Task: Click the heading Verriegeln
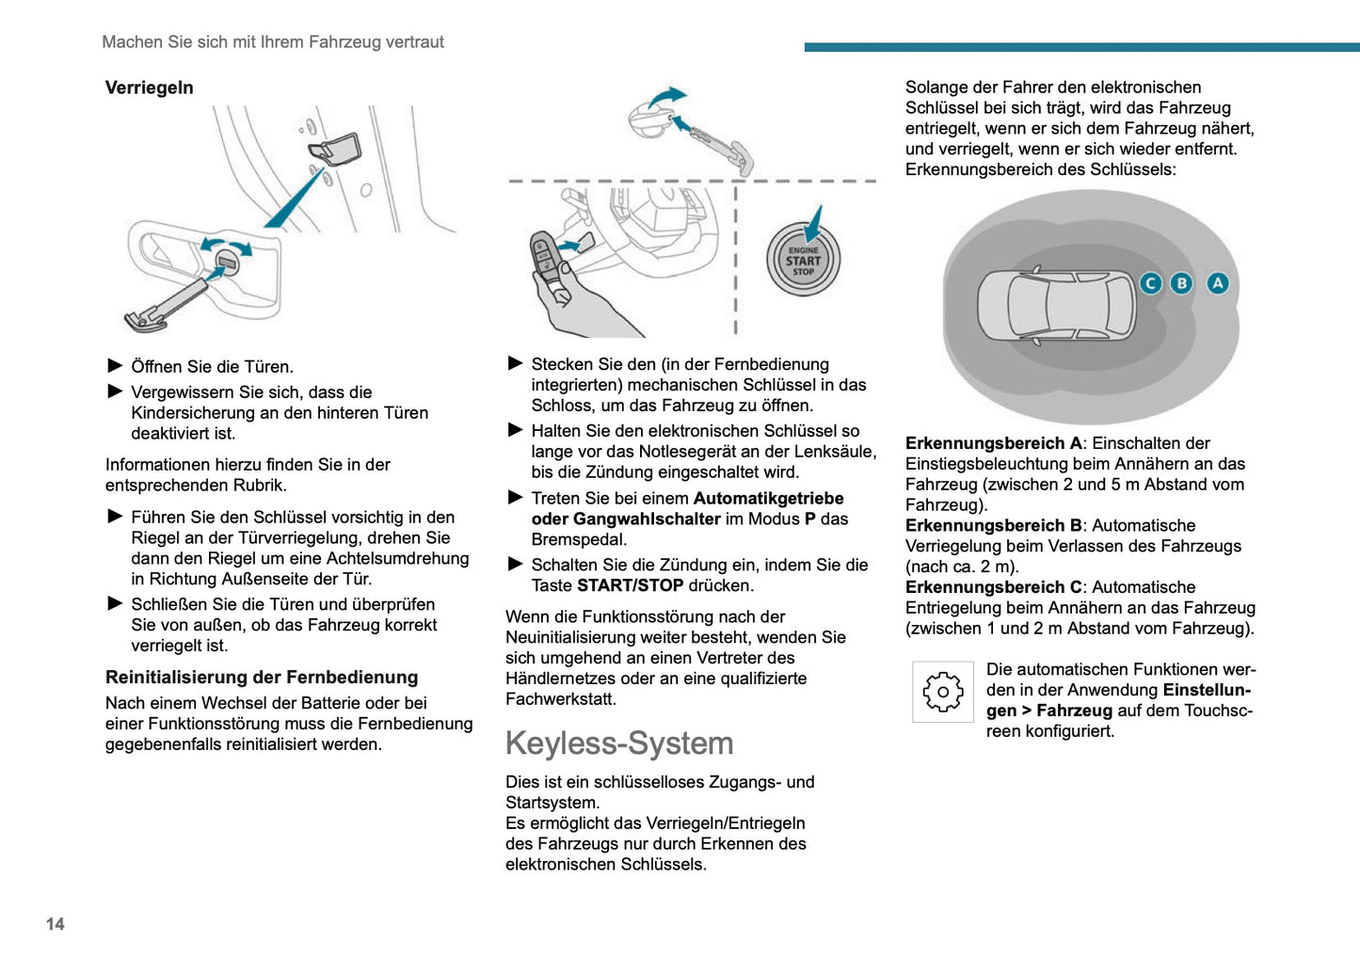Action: click(149, 88)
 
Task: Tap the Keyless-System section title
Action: click(619, 743)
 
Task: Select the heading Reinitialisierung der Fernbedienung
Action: click(262, 678)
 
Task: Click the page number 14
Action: click(56, 924)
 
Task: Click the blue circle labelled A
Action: click(1218, 283)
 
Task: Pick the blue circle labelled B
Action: click(1181, 283)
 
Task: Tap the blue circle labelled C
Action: click(1150, 283)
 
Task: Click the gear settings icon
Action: click(943, 692)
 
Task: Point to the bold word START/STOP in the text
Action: click(630, 585)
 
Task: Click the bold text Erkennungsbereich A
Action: click(993, 443)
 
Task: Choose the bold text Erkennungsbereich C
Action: click(993, 587)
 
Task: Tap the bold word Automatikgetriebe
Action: click(768, 499)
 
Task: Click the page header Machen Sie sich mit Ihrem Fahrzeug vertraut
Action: click(273, 42)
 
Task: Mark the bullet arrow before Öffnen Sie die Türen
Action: click(116, 366)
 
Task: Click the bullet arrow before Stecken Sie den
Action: click(516, 363)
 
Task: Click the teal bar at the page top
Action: click(1081, 47)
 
